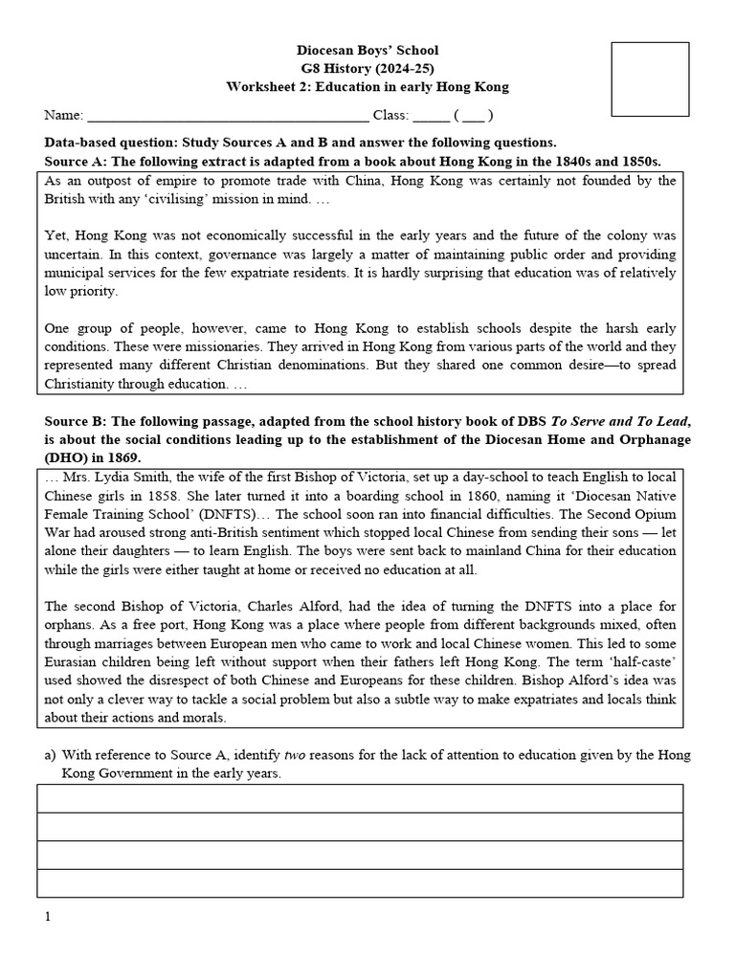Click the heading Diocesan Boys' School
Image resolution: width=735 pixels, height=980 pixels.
coord(367,50)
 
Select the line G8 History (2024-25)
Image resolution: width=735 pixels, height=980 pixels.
coord(367,68)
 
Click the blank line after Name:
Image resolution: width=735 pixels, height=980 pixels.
coord(228,117)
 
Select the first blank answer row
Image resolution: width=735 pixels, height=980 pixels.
coord(360,798)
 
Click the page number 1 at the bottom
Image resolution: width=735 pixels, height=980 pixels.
coord(47,917)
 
